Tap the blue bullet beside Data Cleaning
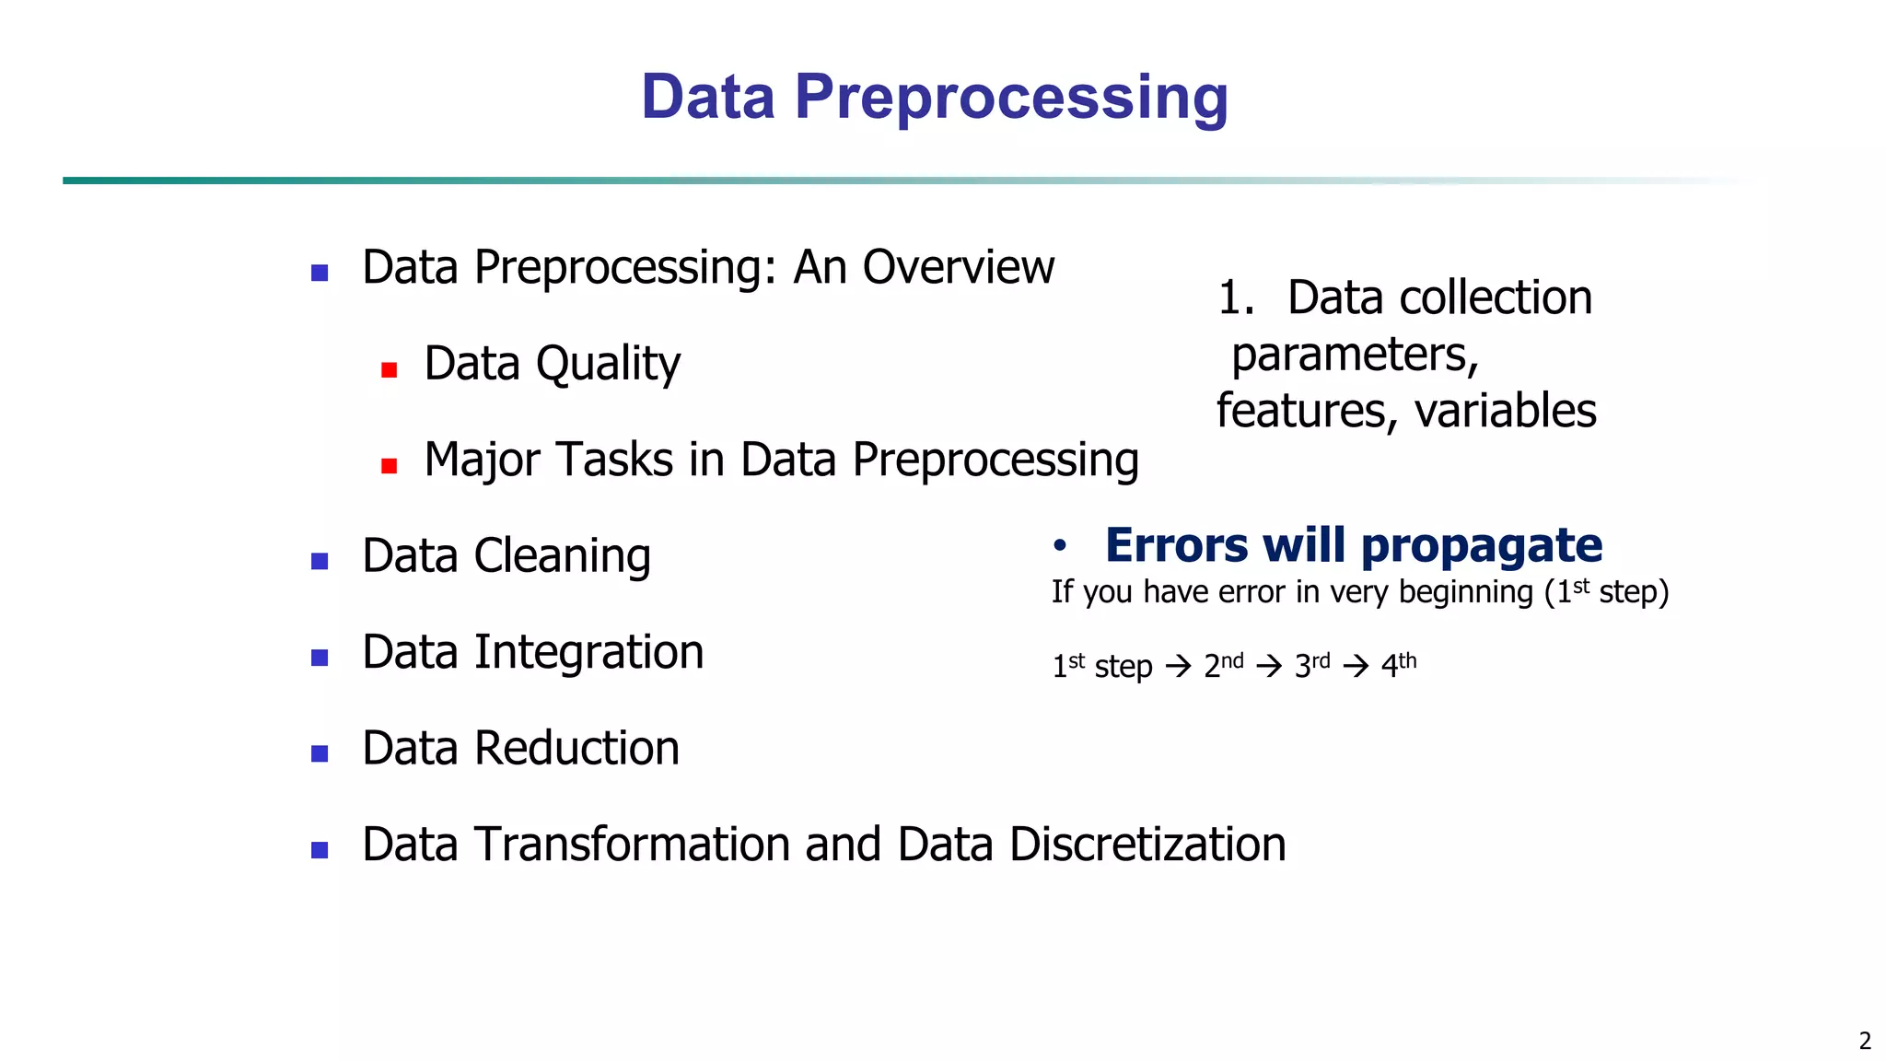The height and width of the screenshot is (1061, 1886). tap(320, 561)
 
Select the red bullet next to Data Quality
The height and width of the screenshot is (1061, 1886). tap(389, 370)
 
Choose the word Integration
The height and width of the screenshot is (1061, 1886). tap(588, 653)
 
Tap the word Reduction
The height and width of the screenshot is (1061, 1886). tap(576, 749)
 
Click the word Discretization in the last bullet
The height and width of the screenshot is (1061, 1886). tap(1147, 845)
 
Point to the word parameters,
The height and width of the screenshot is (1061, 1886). tap(1355, 356)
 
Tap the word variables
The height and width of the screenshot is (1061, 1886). tap(1505, 411)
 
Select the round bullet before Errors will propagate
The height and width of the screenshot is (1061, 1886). tap(1060, 546)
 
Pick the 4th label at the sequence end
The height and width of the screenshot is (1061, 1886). tap(1398, 664)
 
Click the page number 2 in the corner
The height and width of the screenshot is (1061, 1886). tap(1865, 1041)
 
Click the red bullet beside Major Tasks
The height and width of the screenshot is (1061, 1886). tap(389, 466)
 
